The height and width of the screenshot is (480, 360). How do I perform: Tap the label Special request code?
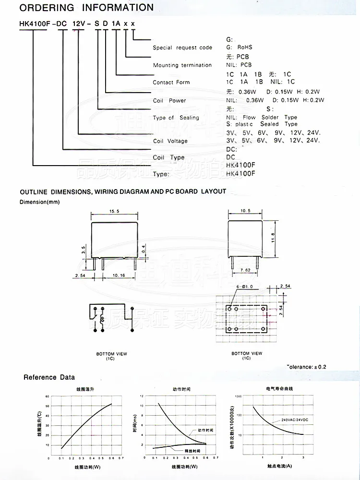tap(182, 48)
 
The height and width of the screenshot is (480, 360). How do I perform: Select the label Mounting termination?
tap(182, 65)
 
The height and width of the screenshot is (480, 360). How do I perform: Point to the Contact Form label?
tap(171, 83)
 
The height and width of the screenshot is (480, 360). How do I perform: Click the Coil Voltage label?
tap(170, 141)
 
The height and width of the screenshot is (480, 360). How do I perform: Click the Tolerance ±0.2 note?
tap(307, 367)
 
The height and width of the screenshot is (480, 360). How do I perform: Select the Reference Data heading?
tap(49, 377)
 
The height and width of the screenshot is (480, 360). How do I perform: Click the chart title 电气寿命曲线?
tap(279, 388)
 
